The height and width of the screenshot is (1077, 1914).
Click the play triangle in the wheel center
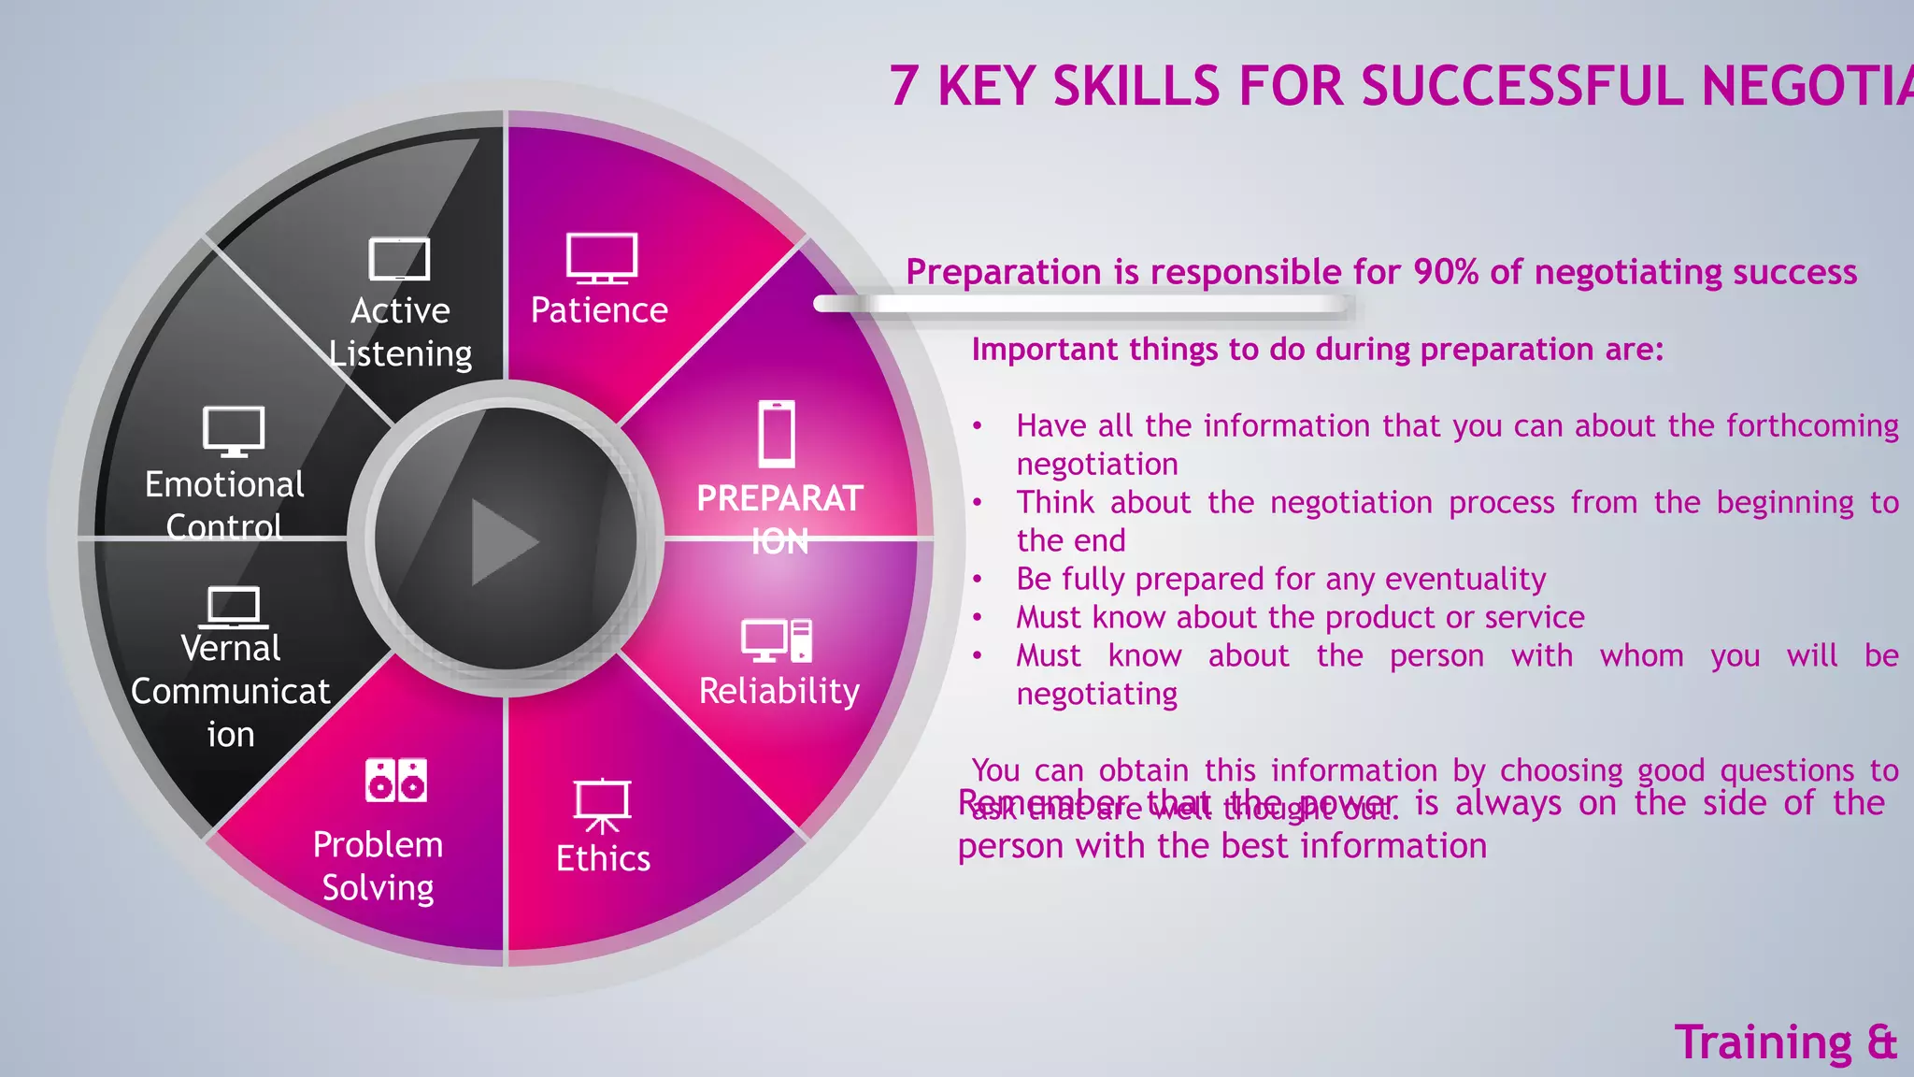503,541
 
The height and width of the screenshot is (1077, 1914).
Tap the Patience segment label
599,310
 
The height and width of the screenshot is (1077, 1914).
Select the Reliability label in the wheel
778,691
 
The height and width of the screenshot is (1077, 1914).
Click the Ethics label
603,858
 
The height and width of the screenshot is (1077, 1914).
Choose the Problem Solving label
378,866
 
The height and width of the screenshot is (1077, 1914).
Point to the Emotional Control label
224,505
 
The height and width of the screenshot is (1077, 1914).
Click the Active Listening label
401,332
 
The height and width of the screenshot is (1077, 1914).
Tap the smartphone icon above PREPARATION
777,434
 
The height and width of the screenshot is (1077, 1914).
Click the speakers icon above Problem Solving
396,781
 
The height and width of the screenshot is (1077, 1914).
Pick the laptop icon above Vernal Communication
233,608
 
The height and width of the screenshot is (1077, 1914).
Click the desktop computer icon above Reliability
777,640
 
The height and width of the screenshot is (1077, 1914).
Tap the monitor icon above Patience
602,257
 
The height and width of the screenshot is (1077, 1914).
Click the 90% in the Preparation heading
1446,272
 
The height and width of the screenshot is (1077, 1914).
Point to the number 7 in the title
904,86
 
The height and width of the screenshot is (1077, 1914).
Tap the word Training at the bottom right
1763,1042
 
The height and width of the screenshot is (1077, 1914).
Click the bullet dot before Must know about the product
978,618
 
